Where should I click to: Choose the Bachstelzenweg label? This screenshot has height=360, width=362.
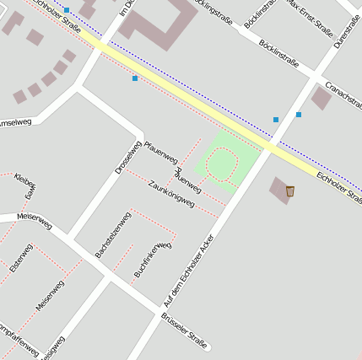113,234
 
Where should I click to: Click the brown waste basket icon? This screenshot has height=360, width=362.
290,191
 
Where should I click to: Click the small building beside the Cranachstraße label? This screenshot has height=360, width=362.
321,98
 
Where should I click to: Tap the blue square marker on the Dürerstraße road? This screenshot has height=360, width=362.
299,114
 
